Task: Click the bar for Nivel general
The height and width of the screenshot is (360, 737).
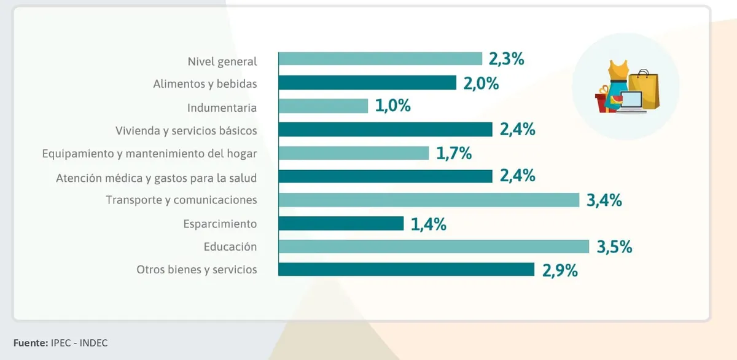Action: [x=380, y=59]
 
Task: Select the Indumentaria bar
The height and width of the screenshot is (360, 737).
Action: [x=323, y=106]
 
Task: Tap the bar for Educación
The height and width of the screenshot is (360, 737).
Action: [x=434, y=246]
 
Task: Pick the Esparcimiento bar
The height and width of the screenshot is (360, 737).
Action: [x=341, y=223]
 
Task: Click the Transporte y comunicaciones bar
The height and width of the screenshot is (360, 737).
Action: [x=429, y=200]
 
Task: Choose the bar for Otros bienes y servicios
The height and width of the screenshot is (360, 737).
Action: [x=406, y=270]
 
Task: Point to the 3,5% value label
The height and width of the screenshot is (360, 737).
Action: [x=615, y=247]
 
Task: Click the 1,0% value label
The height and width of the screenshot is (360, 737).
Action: [x=392, y=106]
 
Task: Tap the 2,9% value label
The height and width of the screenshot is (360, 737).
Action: [x=560, y=270]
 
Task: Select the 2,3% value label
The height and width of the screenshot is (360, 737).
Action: [x=506, y=60]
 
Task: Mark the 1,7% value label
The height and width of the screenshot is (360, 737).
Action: [x=454, y=153]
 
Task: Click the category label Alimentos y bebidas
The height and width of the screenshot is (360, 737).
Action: [x=205, y=84]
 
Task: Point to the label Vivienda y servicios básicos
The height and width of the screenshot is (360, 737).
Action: [x=186, y=130]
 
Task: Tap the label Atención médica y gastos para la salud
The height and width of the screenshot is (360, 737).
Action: [x=156, y=178]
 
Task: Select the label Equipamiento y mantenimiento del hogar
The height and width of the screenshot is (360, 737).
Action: [x=149, y=154]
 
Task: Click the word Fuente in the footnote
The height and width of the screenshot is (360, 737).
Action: [x=30, y=343]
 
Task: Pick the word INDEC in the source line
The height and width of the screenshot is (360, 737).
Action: [x=93, y=343]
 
